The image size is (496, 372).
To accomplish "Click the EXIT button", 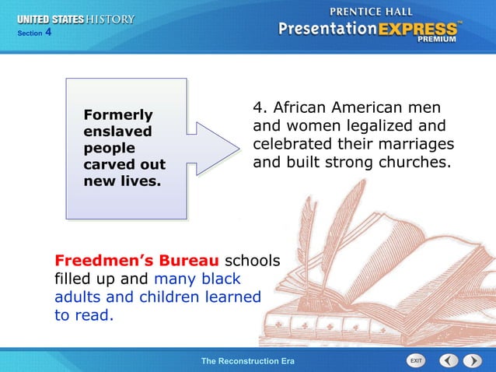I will click(416, 361).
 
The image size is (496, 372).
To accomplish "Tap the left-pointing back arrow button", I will click(449, 361).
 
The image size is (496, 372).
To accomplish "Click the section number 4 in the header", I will click(48, 32).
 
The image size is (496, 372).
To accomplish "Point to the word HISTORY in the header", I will click(110, 19).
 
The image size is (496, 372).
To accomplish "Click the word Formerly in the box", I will click(118, 115).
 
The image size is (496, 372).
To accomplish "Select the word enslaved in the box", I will click(117, 132).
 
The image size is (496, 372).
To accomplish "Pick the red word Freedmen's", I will click(100, 258).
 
